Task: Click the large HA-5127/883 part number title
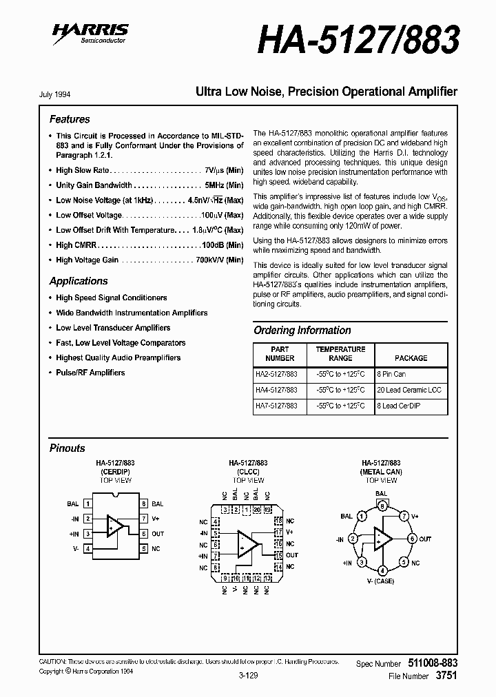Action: click(358, 40)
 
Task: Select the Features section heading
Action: click(70, 119)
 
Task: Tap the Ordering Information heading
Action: click(302, 331)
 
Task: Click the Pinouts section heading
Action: click(68, 448)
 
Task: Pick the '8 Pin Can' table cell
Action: click(391, 374)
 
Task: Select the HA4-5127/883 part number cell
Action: click(277, 390)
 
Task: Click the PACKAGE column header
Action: click(411, 358)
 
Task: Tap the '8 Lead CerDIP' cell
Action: click(398, 406)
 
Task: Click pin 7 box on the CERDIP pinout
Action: click(143, 519)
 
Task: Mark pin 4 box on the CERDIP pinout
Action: click(87, 549)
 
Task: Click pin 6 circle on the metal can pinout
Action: click(412, 539)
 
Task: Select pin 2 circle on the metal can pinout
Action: click(353, 539)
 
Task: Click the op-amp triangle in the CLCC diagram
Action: click(247, 543)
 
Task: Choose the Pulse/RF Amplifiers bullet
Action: click(90, 373)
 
